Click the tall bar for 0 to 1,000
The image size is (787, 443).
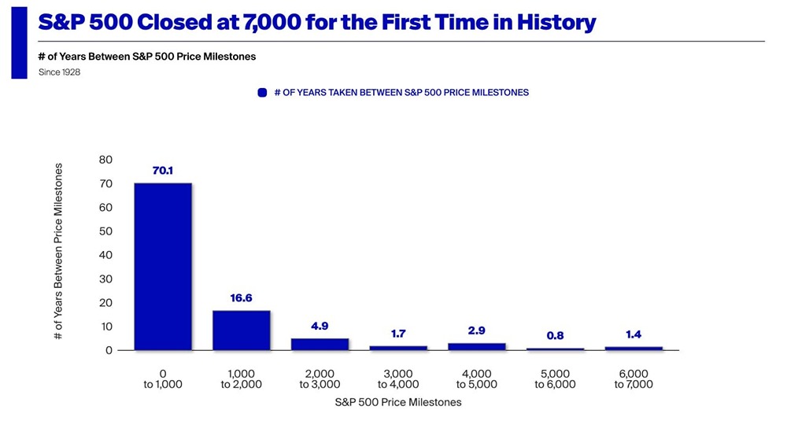(x=163, y=267)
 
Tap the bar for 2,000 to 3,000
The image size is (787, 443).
(x=320, y=344)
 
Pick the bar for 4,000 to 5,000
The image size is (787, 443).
(x=476, y=346)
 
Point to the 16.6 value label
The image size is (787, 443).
(x=241, y=298)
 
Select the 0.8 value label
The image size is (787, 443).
(x=555, y=336)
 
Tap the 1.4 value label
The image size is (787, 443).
(x=634, y=334)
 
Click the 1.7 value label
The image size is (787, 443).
(x=398, y=334)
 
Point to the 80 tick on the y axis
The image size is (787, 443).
(x=105, y=160)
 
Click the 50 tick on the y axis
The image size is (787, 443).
(x=105, y=231)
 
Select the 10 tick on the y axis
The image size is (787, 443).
(x=105, y=327)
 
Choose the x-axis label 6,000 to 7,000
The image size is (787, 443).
(x=634, y=379)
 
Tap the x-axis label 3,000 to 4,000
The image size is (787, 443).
(x=398, y=379)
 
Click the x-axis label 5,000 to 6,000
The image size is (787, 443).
(x=555, y=379)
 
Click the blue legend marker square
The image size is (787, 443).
(x=263, y=93)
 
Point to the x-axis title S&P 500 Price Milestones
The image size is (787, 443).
(x=398, y=402)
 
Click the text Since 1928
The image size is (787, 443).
(x=59, y=72)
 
